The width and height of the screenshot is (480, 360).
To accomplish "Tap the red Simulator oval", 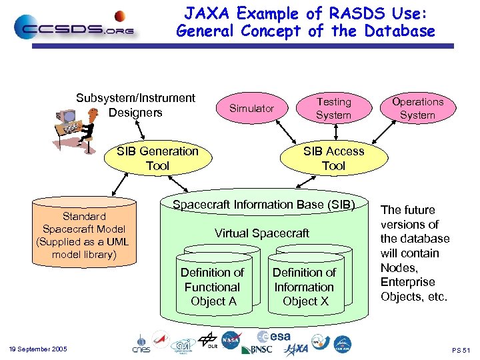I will coord(251,108).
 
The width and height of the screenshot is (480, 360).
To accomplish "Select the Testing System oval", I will coord(333,108).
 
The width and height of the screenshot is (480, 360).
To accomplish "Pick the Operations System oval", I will coord(417,108).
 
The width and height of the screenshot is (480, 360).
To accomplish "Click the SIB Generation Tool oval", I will coord(157,159).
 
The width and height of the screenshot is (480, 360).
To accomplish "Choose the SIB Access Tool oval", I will coord(333,159).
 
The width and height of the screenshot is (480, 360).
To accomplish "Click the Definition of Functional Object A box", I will coord(213,287).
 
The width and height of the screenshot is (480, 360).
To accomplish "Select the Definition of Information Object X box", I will coord(305,287).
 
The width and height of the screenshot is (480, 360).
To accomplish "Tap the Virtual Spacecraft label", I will coord(261,233).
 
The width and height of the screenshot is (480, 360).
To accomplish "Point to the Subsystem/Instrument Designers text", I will coord(135,105).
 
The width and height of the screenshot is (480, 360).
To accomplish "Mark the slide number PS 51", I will coord(461,350).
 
